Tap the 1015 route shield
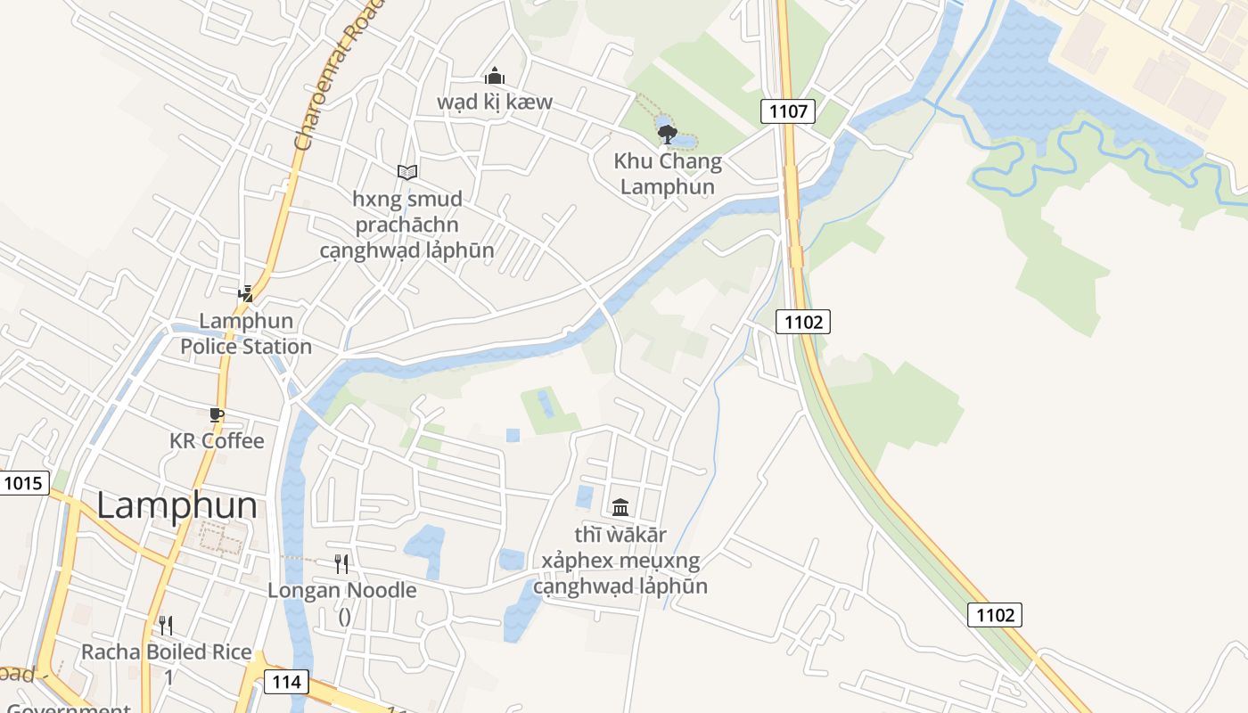22,484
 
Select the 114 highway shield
286,683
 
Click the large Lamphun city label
177,506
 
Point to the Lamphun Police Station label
246,333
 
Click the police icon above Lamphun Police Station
245,293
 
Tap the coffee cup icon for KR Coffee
216,414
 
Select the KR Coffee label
217,441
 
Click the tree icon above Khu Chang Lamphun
667,135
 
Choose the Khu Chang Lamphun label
668,174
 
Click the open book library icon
407,171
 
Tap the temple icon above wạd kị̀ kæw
494,77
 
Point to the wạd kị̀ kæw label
494,102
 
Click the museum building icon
620,507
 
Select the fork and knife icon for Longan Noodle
341,563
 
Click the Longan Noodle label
342,590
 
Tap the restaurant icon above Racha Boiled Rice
165,625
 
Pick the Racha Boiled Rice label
167,652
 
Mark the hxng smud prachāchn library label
407,224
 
